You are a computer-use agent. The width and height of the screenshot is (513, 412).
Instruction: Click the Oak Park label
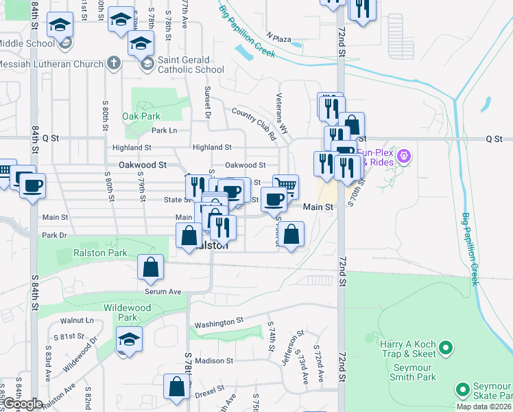(141, 116)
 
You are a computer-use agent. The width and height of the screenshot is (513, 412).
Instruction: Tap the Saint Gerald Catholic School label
(191, 65)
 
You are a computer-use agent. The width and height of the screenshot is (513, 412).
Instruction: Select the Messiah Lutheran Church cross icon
(114, 63)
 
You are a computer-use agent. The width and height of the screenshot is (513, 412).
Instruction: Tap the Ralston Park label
(100, 253)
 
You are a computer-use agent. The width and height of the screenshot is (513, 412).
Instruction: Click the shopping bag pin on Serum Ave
(151, 266)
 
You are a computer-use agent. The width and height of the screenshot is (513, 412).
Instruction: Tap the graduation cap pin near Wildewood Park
(129, 339)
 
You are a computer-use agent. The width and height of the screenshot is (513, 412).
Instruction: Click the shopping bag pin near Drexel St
(177, 387)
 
